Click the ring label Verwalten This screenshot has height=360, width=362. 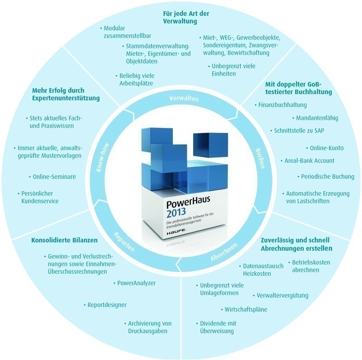pyautogui.click(x=184, y=99)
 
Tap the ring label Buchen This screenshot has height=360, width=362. pyautogui.click(x=260, y=158)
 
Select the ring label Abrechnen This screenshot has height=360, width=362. pyautogui.click(x=224, y=252)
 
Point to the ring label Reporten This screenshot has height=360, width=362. pyautogui.click(x=124, y=242)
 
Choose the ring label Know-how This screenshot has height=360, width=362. pyautogui.click(x=103, y=157)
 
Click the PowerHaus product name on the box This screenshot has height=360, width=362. pyautogui.click(x=188, y=202)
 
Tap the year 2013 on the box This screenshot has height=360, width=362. pyautogui.click(x=176, y=213)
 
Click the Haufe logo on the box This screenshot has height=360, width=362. pyautogui.click(x=176, y=232)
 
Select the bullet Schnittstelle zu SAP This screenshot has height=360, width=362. pyautogui.click(x=297, y=131)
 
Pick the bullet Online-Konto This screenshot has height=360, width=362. pyautogui.click(x=325, y=148)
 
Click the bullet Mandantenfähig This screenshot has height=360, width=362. pyautogui.click(x=315, y=118)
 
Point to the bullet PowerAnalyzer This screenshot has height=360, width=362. pyautogui.click(x=134, y=283)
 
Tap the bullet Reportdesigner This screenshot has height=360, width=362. pyautogui.click(x=105, y=305)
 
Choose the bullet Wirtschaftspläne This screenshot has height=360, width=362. pyautogui.click(x=244, y=309)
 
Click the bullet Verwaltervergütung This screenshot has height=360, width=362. pyautogui.click(x=281, y=295)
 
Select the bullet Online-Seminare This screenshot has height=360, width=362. pyautogui.click(x=52, y=177)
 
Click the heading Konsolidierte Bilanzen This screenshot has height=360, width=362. pyautogui.click(x=64, y=240)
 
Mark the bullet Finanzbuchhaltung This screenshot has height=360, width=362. pyautogui.click(x=281, y=105)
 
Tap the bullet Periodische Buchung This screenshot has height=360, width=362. pyautogui.click(x=326, y=176)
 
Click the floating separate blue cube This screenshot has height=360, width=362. pyautogui.click(x=210, y=145)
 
